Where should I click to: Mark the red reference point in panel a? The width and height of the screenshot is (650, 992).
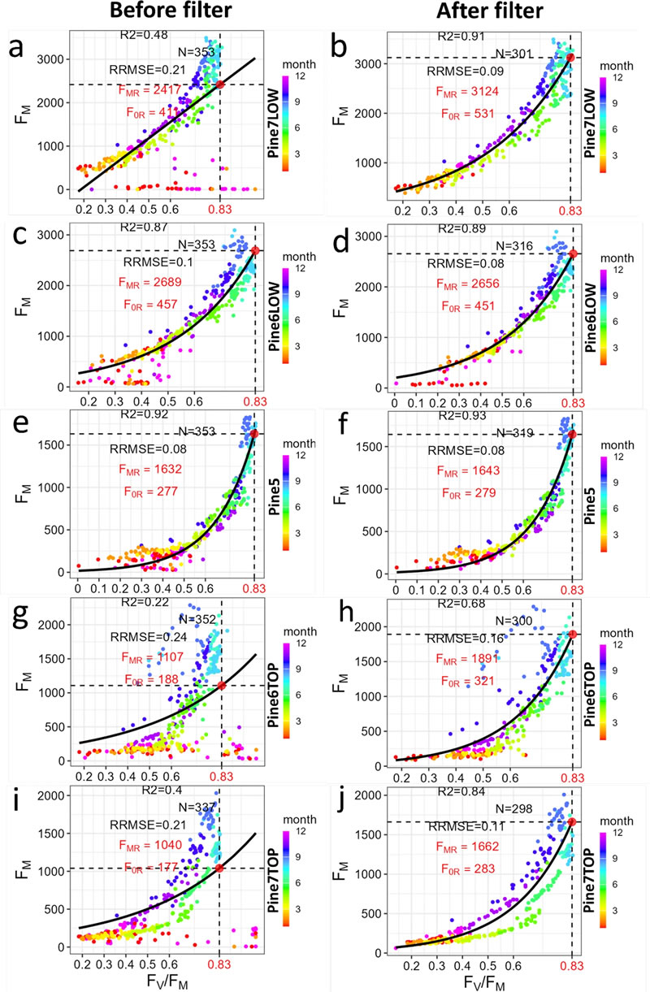coord(220,84)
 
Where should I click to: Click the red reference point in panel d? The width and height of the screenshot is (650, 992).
coord(573,254)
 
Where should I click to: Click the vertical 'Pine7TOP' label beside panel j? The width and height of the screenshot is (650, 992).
coord(595,870)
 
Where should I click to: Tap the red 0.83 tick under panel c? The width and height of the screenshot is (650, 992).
coord(255,401)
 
